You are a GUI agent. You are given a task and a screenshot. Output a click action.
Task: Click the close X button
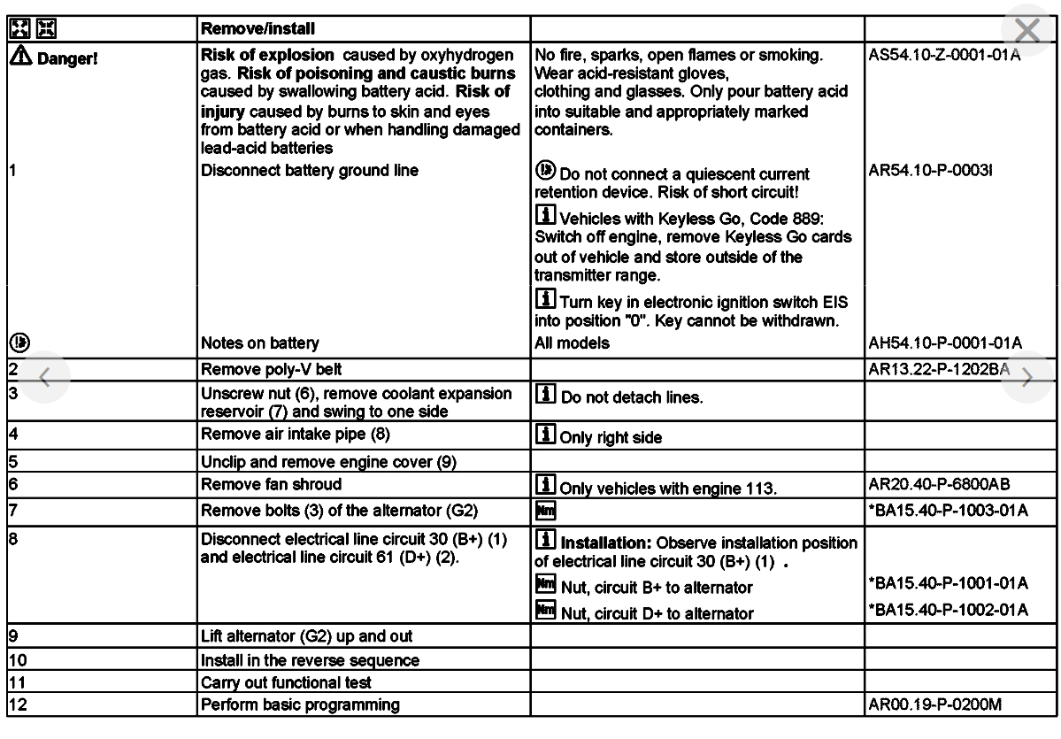pyautogui.click(x=1026, y=33)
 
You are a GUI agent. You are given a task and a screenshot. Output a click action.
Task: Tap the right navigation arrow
pyautogui.click(x=1026, y=378)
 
